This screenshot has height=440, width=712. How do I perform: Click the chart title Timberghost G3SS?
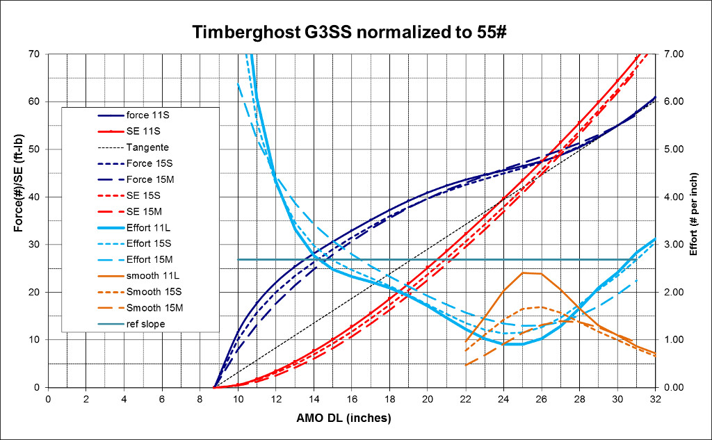coord(272,32)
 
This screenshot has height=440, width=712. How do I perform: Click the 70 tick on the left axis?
coord(35,54)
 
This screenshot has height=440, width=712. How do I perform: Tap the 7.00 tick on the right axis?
coord(674,54)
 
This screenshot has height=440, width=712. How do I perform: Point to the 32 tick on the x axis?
coord(655,400)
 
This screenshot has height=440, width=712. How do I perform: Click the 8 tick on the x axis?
coord(200,400)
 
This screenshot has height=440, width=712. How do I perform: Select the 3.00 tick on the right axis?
coord(674,244)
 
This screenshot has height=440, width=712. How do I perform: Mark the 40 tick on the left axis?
coord(35,197)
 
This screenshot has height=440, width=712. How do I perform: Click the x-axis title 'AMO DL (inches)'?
coord(343,418)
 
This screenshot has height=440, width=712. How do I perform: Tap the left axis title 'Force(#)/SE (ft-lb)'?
coord(18,183)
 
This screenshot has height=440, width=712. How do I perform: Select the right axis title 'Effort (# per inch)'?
coord(693,214)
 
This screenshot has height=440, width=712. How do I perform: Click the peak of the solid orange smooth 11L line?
coord(523,273)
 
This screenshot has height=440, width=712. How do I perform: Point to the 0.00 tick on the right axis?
coord(674,387)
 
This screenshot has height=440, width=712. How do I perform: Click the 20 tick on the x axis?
coord(428,400)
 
